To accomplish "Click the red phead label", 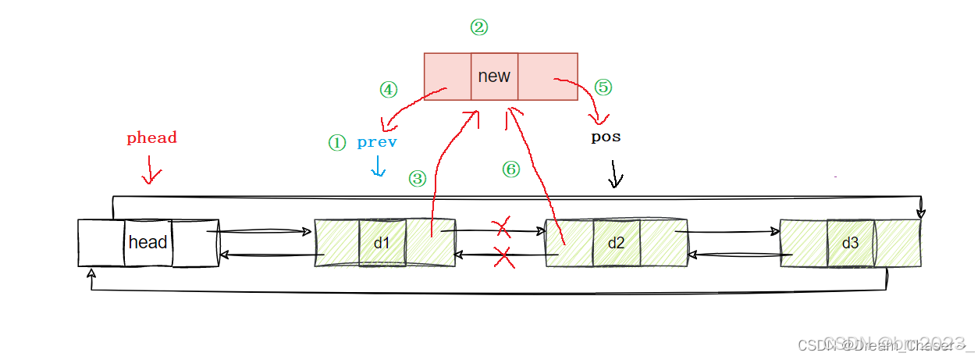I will pos(152,138).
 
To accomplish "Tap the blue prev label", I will pos(377,142).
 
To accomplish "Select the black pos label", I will pos(606,137).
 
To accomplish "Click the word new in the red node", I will pos(493,76).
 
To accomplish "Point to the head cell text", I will pos(148,242).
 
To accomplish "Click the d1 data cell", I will pos(382,243).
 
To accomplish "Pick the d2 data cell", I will pos(616,243).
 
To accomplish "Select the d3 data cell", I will pos(850,243).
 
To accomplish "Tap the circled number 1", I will pos(336,143).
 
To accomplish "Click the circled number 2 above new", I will pos(478,27).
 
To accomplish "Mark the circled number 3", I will pos(418,179).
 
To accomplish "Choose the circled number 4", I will pos(388,90).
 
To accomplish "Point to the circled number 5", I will pos(603,87).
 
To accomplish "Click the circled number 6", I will pos(510,169).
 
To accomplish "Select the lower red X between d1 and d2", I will pos(503,257).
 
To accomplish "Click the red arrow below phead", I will pos(150,172).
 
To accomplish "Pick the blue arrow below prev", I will pos(378,166).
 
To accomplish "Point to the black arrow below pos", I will pos(616,174).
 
